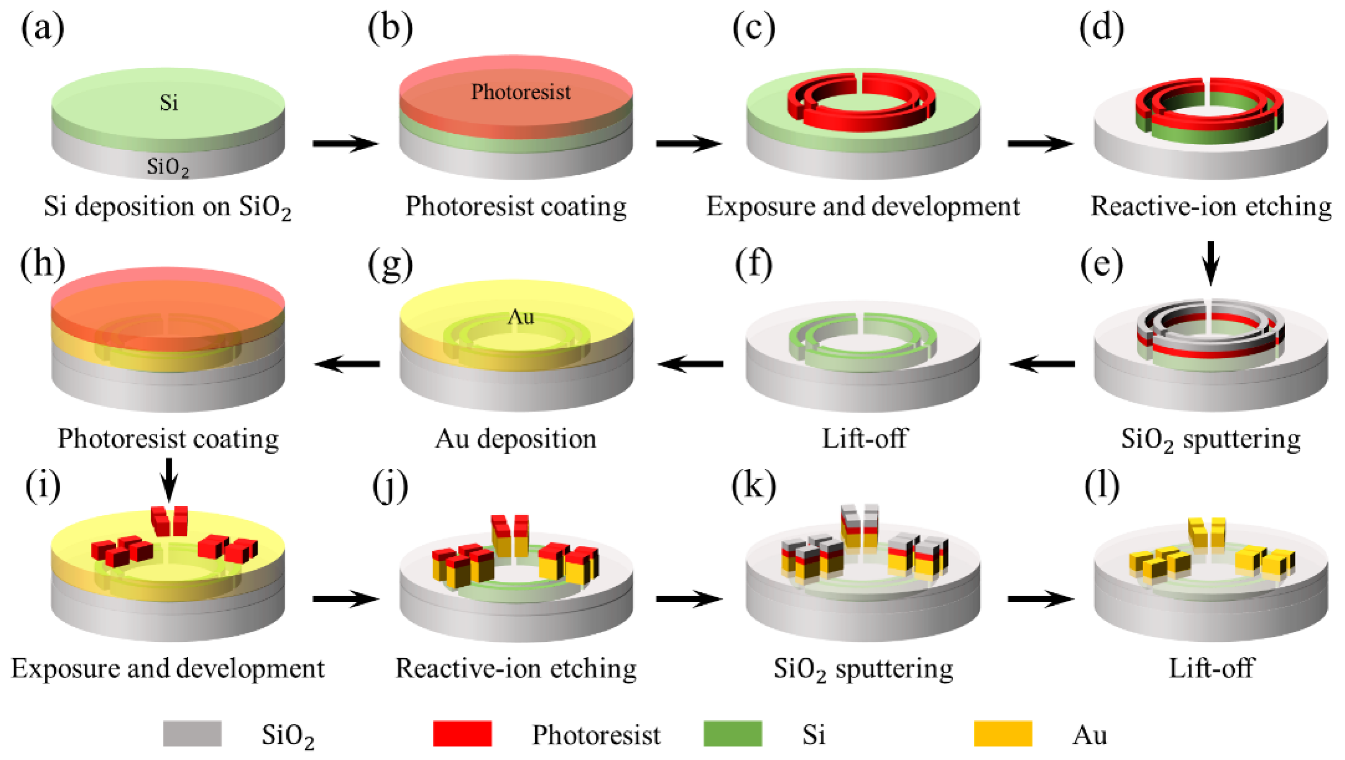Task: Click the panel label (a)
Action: [43, 28]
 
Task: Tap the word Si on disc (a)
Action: [168, 103]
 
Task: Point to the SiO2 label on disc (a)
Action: [168, 167]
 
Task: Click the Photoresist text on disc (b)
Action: [520, 92]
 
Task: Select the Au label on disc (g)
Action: [520, 317]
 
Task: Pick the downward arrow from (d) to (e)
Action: [1211, 262]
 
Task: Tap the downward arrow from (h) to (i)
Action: [168, 479]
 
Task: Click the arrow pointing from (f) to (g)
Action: [690, 363]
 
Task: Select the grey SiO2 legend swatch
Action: [192, 734]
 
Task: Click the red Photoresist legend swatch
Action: [462, 734]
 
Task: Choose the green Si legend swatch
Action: [733, 734]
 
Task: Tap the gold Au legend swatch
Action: [1003, 734]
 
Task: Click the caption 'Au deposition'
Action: [515, 439]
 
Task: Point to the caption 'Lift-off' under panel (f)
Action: [864, 439]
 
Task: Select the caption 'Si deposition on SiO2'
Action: [167, 207]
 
